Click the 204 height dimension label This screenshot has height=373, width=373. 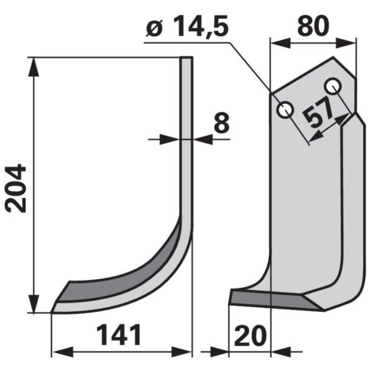[16, 188]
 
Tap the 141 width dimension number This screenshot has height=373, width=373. [119, 336]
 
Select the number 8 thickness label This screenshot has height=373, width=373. [221, 123]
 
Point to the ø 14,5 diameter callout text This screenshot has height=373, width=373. [187, 27]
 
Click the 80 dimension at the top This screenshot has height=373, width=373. [313, 25]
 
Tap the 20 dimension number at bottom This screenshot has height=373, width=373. [251, 336]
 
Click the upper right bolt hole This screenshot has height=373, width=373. [333, 86]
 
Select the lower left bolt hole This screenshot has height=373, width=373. [285, 109]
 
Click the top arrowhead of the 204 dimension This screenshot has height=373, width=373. [34, 67]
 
